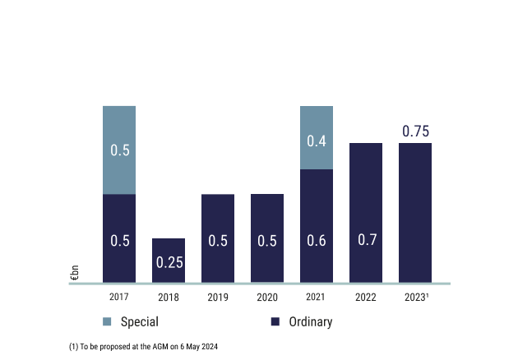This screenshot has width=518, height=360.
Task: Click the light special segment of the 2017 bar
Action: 119,150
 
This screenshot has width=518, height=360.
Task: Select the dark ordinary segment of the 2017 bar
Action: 119,238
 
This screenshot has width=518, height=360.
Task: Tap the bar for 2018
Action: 169,261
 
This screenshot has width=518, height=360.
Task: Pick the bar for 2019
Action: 218,238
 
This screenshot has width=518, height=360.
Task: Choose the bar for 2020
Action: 267,238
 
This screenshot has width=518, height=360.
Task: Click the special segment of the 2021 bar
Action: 317,137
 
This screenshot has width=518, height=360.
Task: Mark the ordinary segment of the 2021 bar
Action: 317,226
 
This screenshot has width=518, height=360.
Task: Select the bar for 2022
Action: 366,213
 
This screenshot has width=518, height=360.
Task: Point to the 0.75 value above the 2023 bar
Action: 415,132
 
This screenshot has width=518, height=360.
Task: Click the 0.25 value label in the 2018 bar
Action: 169,263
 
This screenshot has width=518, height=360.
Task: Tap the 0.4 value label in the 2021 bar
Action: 317,141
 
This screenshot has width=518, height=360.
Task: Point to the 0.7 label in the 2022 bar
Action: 366,241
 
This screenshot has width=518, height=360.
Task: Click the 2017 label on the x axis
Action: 119,297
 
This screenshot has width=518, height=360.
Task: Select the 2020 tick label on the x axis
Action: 267,297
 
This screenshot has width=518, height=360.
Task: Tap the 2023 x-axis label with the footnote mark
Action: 416,297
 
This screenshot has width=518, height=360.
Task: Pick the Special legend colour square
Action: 108,322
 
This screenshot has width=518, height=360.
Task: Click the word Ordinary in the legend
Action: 310,322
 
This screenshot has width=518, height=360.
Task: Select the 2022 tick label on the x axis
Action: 366,297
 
